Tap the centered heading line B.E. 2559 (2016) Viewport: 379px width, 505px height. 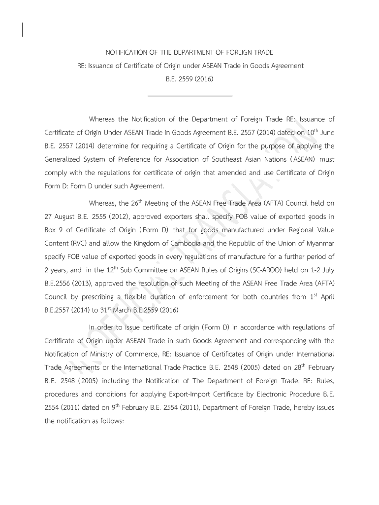pos(189,78)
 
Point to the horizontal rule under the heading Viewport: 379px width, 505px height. pos(189,96)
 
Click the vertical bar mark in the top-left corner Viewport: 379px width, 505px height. pos(23,30)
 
